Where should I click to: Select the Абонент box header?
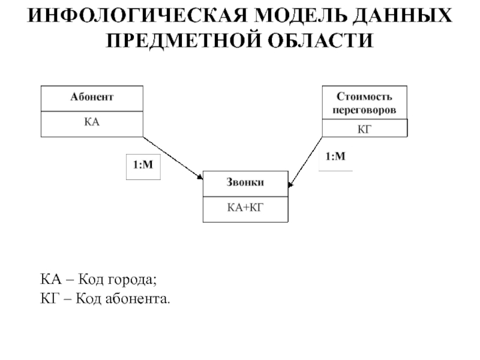[x=92, y=97]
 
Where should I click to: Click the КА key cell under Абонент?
[x=92, y=122]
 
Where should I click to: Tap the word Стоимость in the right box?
[x=364, y=96]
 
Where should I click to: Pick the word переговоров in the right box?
[x=364, y=110]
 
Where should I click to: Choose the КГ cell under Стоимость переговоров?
[x=364, y=128]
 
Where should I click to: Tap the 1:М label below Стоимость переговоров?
[x=335, y=157]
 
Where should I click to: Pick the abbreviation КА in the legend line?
[x=49, y=280]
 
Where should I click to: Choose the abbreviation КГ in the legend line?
[x=48, y=298]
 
